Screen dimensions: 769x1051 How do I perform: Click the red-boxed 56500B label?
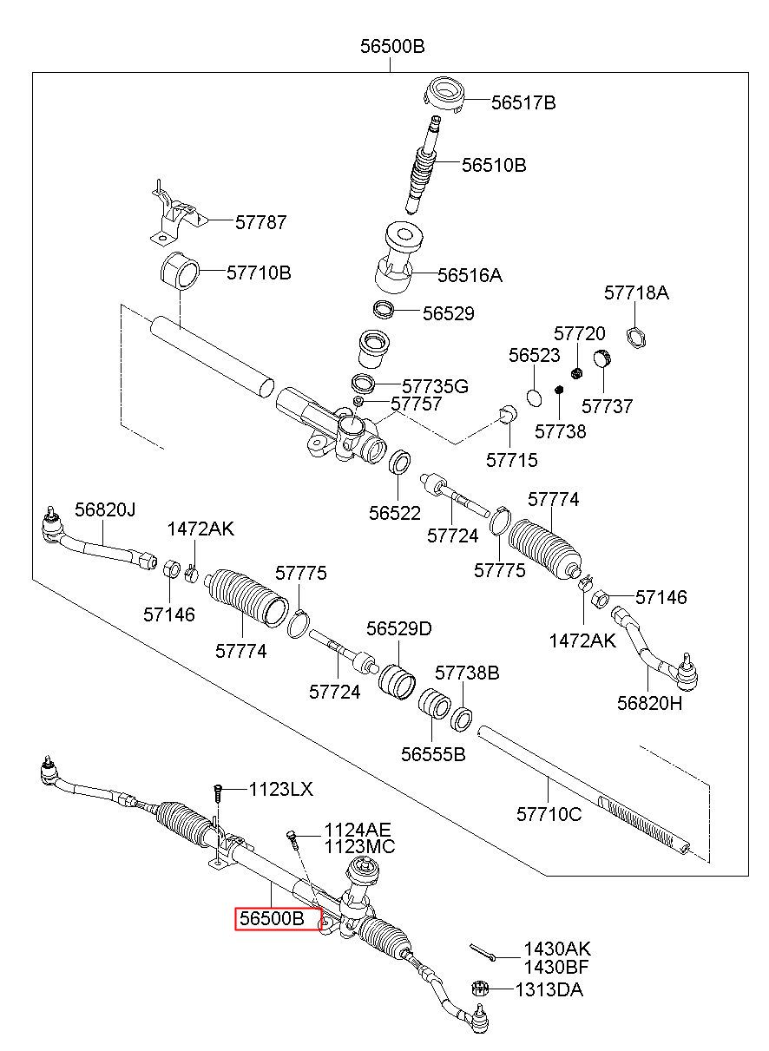pyautogui.click(x=272, y=918)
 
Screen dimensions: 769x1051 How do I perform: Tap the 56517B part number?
pyautogui.click(x=523, y=102)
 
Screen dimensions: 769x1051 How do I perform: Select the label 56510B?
pyautogui.click(x=494, y=165)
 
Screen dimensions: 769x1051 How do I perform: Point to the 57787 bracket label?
pyautogui.click(x=260, y=222)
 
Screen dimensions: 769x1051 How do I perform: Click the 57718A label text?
pyautogui.click(x=635, y=292)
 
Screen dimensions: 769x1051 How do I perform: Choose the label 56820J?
pyautogui.click(x=105, y=509)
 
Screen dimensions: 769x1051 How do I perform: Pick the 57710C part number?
pyautogui.click(x=549, y=814)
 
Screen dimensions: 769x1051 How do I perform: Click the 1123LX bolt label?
pyautogui.click(x=280, y=789)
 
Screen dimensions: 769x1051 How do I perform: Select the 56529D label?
pyautogui.click(x=398, y=628)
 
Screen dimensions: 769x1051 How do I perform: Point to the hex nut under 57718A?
pyautogui.click(x=635, y=338)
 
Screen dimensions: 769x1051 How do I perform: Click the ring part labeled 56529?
pyautogui.click(x=383, y=309)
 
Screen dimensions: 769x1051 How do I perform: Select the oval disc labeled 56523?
pyautogui.click(x=535, y=397)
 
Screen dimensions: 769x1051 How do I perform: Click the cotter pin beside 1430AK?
pyautogui.click(x=482, y=952)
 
